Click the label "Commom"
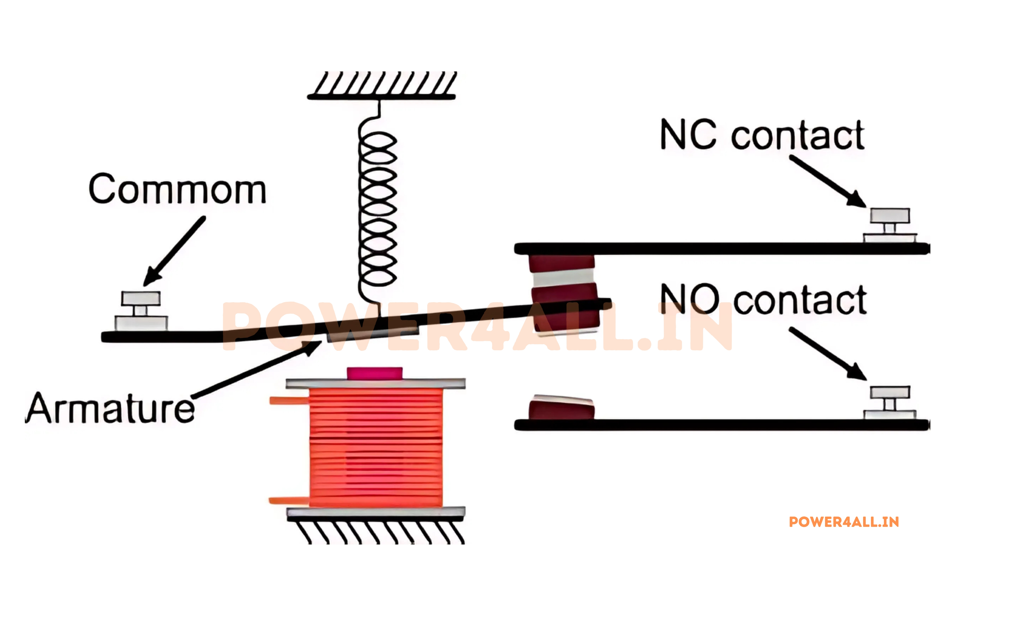point(177,189)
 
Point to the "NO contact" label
point(763,299)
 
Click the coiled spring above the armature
point(377,208)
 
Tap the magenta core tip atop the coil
point(375,373)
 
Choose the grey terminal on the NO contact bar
point(890,403)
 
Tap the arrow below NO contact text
point(827,353)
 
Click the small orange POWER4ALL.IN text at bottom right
point(844,522)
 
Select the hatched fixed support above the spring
point(382,85)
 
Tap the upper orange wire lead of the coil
point(289,401)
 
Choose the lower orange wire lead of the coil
point(289,500)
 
